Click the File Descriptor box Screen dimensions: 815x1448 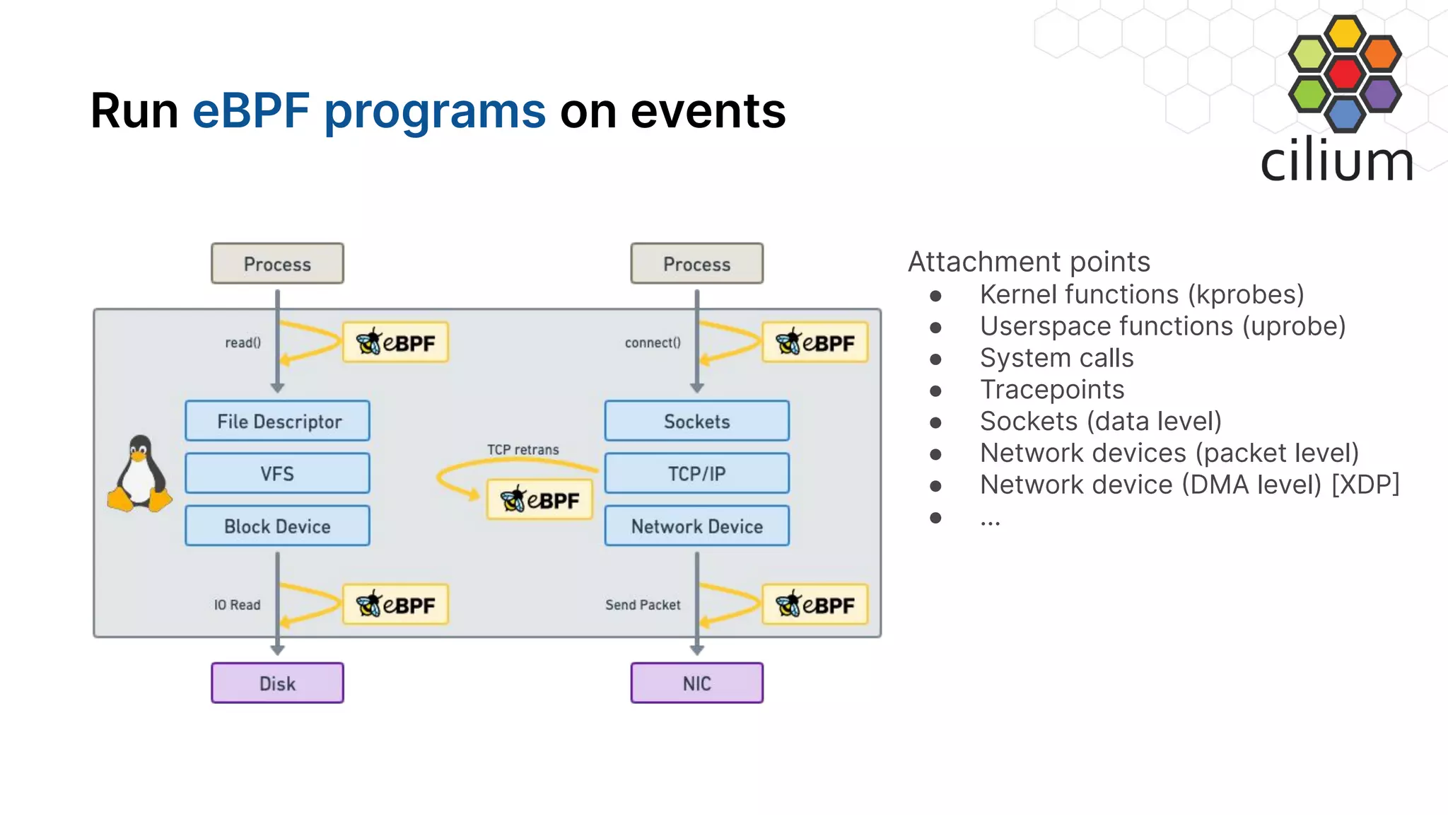[277, 421]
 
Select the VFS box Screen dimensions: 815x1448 [277, 473]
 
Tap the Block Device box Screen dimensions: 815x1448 [277, 526]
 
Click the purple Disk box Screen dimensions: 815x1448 [277, 683]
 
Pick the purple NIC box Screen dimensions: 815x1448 [696, 683]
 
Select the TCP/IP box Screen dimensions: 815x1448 [696, 473]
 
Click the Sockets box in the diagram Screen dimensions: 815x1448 [696, 421]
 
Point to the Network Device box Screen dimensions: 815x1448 [696, 526]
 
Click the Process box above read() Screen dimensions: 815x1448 [277, 264]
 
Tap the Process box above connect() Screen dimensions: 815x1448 [696, 264]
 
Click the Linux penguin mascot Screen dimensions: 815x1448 [140, 473]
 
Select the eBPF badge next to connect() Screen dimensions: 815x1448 [814, 343]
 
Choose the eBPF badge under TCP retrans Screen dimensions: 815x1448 [539, 500]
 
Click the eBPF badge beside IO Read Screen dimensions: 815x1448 [395, 605]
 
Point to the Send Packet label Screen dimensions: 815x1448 [642, 605]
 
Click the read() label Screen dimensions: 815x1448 [243, 343]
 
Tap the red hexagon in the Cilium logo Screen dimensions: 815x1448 [1344, 73]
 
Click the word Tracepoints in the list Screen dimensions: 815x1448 [1051, 390]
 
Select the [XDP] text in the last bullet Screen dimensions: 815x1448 [1365, 485]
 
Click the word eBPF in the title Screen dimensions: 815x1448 [251, 111]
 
